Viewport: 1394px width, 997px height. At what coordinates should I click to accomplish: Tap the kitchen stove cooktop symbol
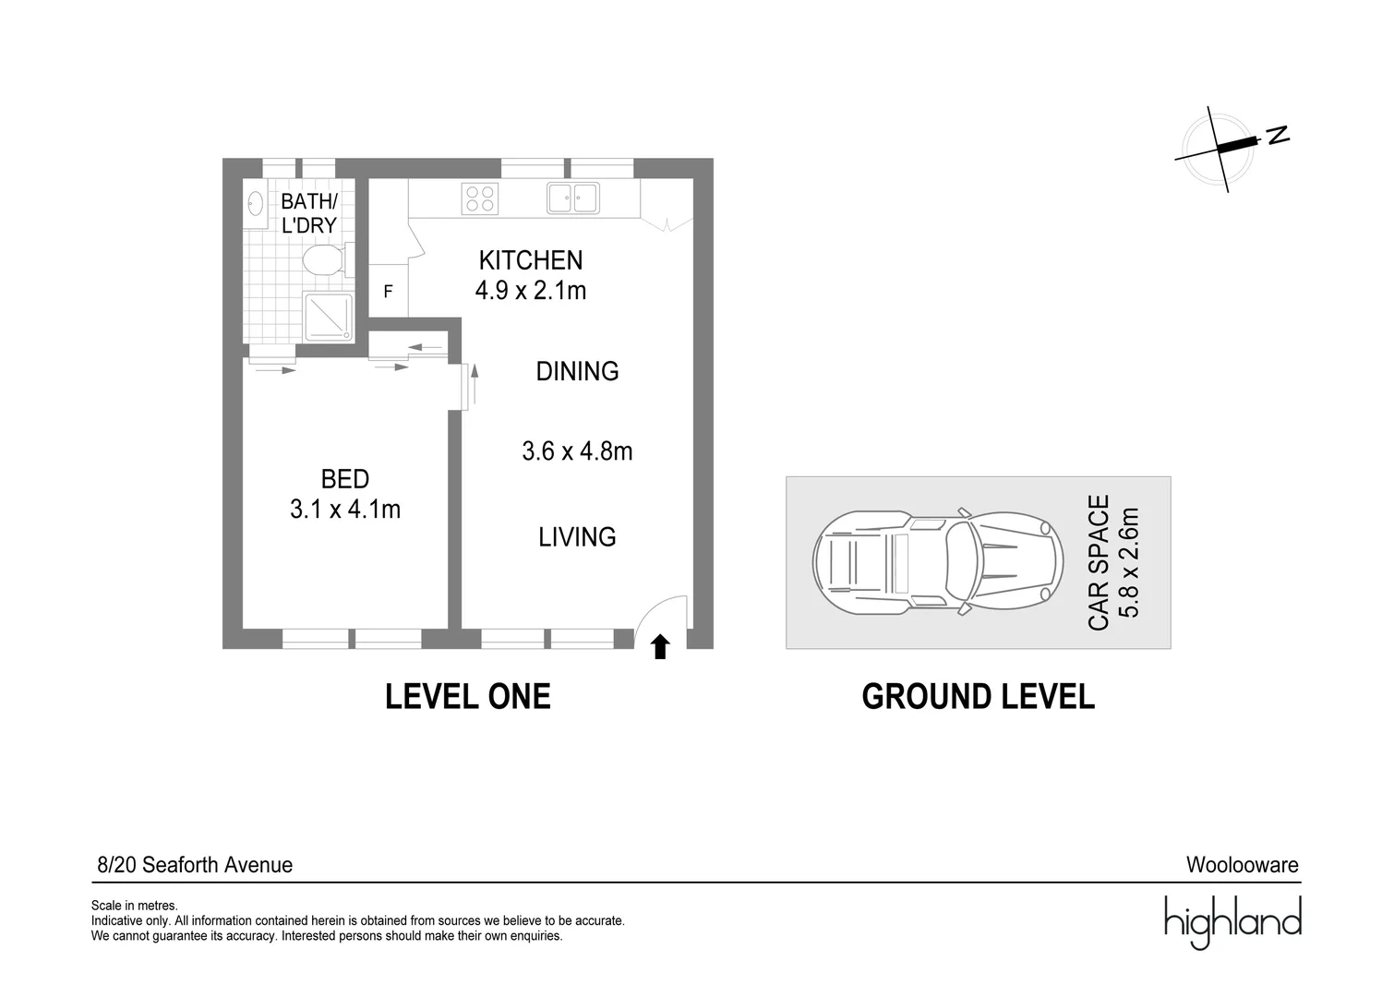point(480,198)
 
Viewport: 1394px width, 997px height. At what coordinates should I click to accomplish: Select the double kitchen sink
point(573,198)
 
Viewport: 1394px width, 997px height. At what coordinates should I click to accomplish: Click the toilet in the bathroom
point(322,260)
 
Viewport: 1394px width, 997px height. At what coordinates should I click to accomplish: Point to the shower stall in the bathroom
point(326,316)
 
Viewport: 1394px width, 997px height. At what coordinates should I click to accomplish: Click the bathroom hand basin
point(253,203)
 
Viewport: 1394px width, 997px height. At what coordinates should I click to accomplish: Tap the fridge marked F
point(389,291)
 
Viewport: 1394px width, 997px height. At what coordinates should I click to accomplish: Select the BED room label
point(345,479)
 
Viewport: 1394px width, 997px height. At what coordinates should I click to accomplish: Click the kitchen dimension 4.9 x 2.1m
point(531,291)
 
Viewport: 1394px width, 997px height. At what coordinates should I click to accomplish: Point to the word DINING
point(577,371)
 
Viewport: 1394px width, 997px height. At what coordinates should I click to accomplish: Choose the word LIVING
point(577,536)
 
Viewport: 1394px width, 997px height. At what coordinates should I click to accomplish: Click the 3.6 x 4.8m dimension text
point(577,451)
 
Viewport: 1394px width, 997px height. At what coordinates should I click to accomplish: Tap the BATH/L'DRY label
point(309,213)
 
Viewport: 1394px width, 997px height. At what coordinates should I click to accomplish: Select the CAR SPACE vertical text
point(1099,562)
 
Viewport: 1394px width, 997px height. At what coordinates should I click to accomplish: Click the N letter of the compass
point(1278,135)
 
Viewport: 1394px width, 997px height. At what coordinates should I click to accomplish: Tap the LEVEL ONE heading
point(468,696)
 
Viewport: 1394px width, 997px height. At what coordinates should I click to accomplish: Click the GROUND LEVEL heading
point(978,696)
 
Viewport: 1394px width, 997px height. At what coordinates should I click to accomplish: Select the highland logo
point(1232,920)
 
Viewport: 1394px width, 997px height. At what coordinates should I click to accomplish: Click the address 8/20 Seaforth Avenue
point(195,865)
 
